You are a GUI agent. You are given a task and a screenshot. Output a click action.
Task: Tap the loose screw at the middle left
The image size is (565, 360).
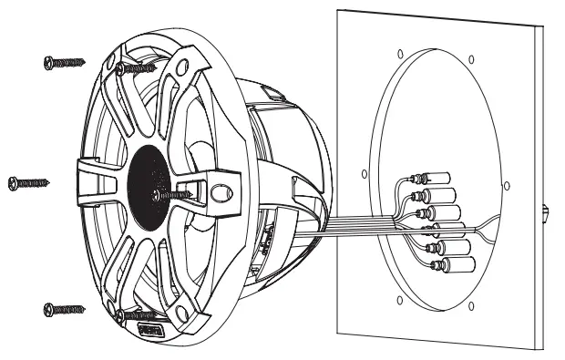pyautogui.click(x=27, y=183)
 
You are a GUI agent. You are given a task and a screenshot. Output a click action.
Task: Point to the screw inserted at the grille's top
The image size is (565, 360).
pyautogui.click(x=139, y=68)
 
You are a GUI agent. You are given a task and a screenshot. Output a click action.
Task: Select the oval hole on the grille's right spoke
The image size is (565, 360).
pyautogui.click(x=222, y=193)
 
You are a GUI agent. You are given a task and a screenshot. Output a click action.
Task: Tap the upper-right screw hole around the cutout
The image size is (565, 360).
pyautogui.click(x=471, y=62)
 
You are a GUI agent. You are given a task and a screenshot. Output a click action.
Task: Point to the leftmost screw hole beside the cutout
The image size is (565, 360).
pyautogui.click(x=364, y=173)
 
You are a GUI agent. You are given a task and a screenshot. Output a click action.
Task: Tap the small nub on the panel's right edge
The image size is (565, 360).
pyautogui.click(x=545, y=211)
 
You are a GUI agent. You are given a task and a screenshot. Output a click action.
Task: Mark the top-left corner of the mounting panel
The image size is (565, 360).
pyautogui.click(x=339, y=11)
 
